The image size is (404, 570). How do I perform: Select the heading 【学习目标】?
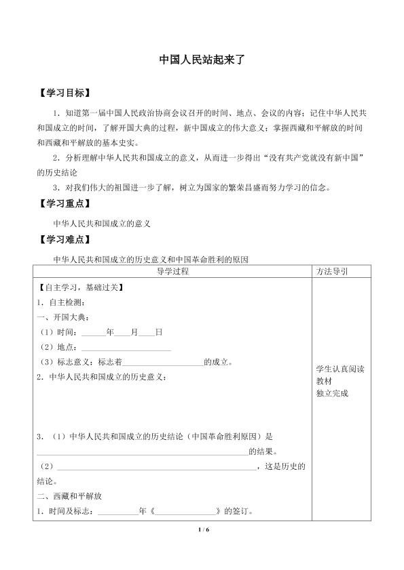[65, 91]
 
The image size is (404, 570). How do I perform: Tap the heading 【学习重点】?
[65, 203]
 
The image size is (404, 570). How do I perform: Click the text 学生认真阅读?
[340, 369]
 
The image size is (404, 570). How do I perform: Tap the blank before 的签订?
[185, 511]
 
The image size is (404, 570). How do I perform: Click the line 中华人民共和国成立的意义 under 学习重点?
[101, 222]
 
